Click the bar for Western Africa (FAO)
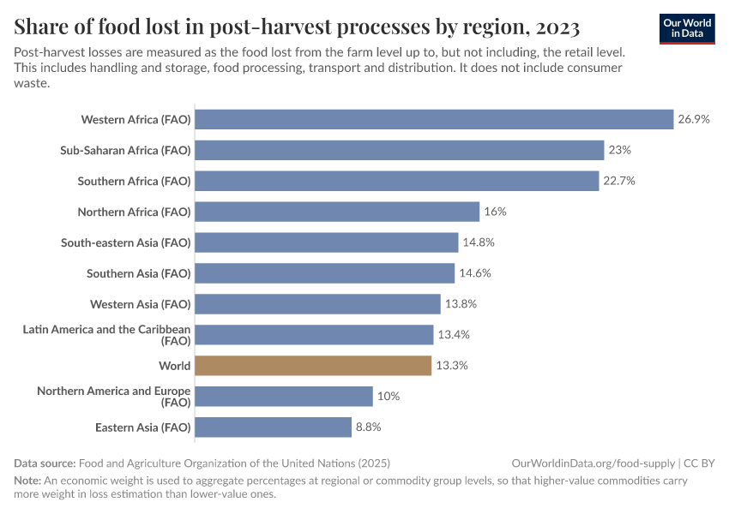tap(434, 119)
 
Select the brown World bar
tap(313, 366)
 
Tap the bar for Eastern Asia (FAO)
tap(273, 427)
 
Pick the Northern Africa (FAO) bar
tap(337, 212)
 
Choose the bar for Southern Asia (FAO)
tap(324, 273)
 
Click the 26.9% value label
tap(694, 119)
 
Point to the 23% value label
tap(620, 150)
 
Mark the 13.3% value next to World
tap(452, 366)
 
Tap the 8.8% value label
tap(368, 427)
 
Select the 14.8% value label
tap(479, 242)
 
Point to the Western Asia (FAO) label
tap(140, 304)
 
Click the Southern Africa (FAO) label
tap(134, 181)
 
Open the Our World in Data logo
tap(686, 28)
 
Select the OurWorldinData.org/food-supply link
tap(592, 463)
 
